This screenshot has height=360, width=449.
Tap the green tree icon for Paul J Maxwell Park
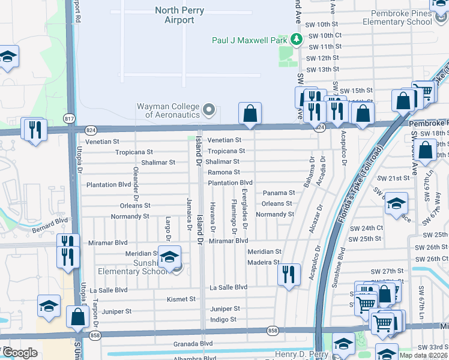296,40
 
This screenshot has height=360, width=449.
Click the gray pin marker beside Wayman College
209,110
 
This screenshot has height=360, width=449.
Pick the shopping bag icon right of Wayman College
250,113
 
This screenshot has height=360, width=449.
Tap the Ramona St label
224,172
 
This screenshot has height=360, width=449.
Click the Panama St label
279,193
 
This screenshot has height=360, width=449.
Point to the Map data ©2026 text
423,355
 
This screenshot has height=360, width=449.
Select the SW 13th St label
323,70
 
